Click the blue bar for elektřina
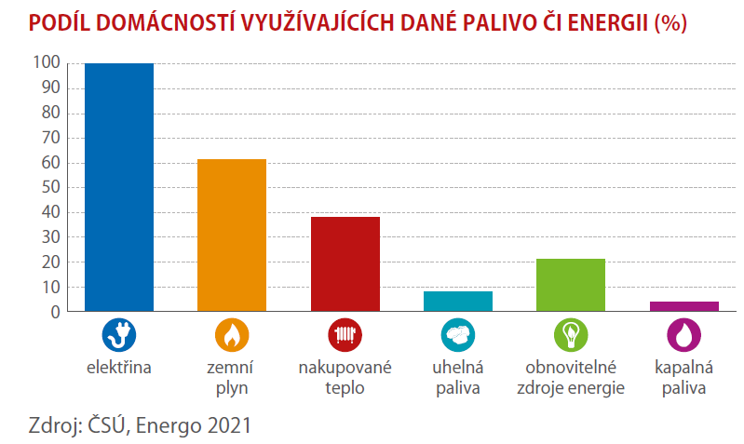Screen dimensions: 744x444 click(x=119, y=187)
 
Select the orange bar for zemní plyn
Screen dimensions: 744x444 click(x=232, y=235)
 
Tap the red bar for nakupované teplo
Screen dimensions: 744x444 click(x=345, y=264)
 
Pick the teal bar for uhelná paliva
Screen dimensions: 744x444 click(x=458, y=302)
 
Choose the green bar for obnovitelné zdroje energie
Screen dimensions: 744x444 click(x=571, y=285)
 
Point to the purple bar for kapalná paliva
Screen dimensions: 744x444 click(x=684, y=306)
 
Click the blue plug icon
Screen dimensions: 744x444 click(x=119, y=335)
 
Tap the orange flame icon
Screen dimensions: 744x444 click(x=232, y=335)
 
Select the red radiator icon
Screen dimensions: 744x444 click(x=345, y=335)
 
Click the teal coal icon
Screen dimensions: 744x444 click(x=458, y=335)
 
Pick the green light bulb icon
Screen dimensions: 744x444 click(x=571, y=335)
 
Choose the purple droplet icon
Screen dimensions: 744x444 click(x=684, y=335)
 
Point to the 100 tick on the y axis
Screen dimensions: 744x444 click(x=47, y=62)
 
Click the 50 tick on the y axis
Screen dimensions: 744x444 click(x=51, y=187)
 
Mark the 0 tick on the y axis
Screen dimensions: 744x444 click(x=56, y=312)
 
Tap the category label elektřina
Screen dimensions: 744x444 click(x=118, y=367)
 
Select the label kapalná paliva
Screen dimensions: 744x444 click(x=684, y=378)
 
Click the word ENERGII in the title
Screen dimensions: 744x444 click(x=608, y=22)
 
